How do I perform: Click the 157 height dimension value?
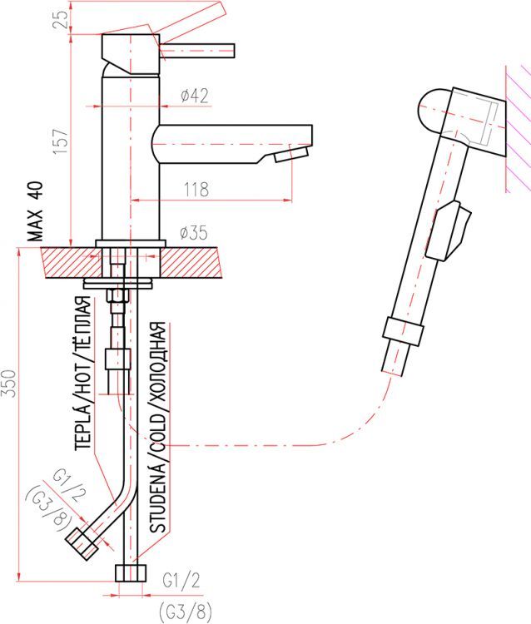click(x=60, y=142)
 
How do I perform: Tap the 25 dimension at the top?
click(x=61, y=20)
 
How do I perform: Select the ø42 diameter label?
click(x=194, y=96)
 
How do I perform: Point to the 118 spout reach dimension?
click(x=196, y=190)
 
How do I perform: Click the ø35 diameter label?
click(x=194, y=233)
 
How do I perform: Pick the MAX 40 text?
click(x=36, y=211)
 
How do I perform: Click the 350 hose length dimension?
click(x=9, y=383)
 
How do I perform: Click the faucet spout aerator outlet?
click(x=292, y=154)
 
